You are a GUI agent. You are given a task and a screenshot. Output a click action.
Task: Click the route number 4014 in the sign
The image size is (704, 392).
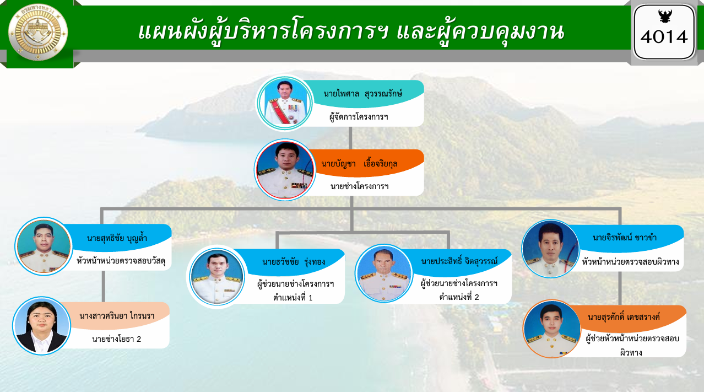pos(664,37)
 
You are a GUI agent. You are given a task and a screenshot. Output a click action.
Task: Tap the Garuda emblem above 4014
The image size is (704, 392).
pos(665,16)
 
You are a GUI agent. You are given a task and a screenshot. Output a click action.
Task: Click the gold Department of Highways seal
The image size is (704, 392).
pos(37,32)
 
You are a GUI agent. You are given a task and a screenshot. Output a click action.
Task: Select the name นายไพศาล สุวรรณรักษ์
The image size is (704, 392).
pos(362,94)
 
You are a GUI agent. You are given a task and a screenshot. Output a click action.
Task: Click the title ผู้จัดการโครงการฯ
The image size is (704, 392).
pos(359,117)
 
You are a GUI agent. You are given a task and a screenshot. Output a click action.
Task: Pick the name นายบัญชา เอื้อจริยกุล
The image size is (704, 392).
pos(359,164)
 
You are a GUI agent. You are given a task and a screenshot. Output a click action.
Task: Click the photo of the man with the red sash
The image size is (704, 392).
pos(285,103)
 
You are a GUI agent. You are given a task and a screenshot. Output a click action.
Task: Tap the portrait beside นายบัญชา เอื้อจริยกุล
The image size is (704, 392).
pos(285,170)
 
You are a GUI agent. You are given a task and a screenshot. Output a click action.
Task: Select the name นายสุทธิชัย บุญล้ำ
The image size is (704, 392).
pos(117,238)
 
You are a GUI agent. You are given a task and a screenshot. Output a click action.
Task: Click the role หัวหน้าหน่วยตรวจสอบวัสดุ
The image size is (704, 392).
pos(121,261)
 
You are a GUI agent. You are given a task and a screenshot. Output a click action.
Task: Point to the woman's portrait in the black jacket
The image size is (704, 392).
pos(42,326)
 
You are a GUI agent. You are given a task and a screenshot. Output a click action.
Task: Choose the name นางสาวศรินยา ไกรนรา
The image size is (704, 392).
pos(117,316)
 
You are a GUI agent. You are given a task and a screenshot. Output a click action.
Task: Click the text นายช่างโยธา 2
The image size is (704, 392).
pos(117,339)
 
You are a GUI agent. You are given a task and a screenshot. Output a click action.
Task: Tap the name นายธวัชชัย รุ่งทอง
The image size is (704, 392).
pos(294,262)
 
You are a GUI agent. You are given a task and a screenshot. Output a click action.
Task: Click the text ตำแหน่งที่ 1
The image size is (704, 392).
pos(293,298)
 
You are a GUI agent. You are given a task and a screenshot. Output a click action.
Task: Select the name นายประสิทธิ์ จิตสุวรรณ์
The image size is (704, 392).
pos(459,261)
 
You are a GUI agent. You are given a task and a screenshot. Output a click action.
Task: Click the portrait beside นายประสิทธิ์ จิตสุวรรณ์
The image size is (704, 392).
pos(384,273)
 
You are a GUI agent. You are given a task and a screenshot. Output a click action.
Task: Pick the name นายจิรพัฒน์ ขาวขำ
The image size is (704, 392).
pos(625,238)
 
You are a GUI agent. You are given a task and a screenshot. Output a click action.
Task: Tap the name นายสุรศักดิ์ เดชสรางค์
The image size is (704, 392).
pos(624,317)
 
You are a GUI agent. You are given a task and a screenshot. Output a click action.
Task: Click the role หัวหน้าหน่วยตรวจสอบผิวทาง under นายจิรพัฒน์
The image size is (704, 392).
pos(630,262)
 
